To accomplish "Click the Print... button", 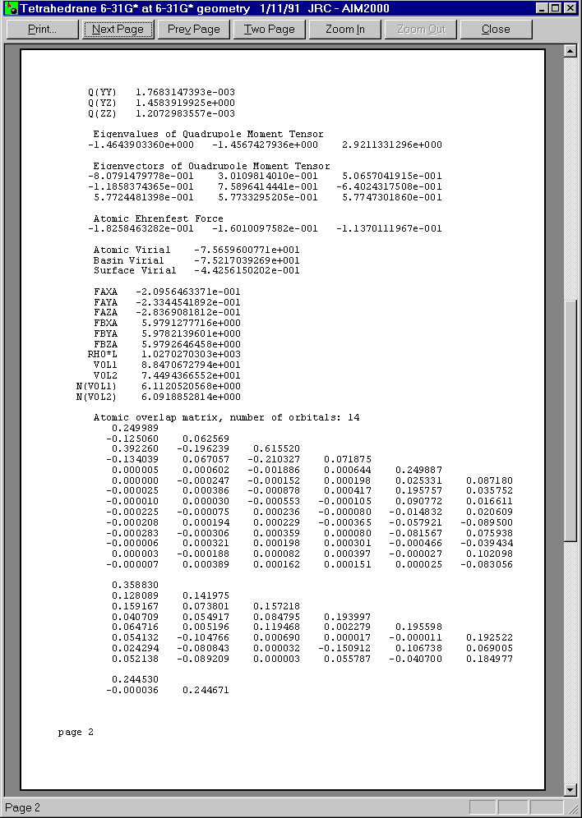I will click(x=42, y=29).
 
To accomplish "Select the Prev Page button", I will click(x=194, y=29).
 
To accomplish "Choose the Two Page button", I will click(x=270, y=29).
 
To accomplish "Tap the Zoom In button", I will click(x=345, y=29).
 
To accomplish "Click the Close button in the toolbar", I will click(x=496, y=29).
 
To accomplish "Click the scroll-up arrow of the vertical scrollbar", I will click(x=570, y=51).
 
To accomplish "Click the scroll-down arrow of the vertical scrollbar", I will click(x=570, y=790).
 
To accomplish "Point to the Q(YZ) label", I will click(x=102, y=103).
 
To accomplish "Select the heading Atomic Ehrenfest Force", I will click(x=158, y=218).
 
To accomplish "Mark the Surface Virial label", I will click(x=134, y=270).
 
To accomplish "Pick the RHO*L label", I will click(x=103, y=354).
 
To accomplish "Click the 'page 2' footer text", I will click(x=76, y=732).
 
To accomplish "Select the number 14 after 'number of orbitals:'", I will click(x=353, y=417).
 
